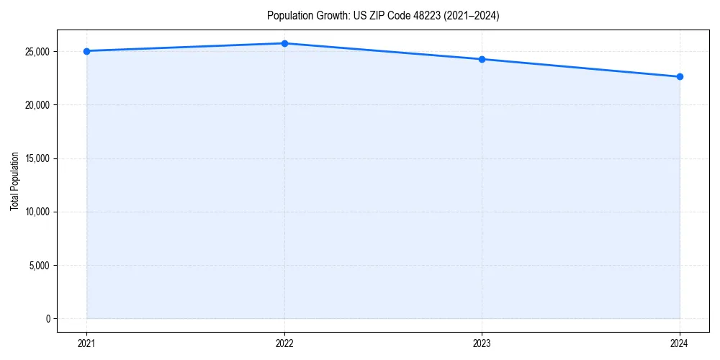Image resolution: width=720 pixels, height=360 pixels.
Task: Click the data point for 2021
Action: (86, 51)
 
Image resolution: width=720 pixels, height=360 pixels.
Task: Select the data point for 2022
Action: (284, 43)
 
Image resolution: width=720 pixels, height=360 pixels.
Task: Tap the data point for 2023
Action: (482, 59)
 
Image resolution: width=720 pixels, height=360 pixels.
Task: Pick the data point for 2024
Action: (680, 76)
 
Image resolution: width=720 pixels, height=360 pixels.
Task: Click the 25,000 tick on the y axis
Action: (36, 52)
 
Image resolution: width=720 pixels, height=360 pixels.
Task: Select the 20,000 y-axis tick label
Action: (36, 105)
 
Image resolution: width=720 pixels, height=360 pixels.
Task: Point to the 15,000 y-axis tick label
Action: (36, 158)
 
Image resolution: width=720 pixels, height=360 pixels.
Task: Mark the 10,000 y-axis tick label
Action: (36, 212)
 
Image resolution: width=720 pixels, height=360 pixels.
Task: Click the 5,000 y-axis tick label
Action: (38, 265)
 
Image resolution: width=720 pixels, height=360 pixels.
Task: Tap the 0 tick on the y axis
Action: (48, 318)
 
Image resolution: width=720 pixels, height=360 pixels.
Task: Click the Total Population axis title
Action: (14, 181)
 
